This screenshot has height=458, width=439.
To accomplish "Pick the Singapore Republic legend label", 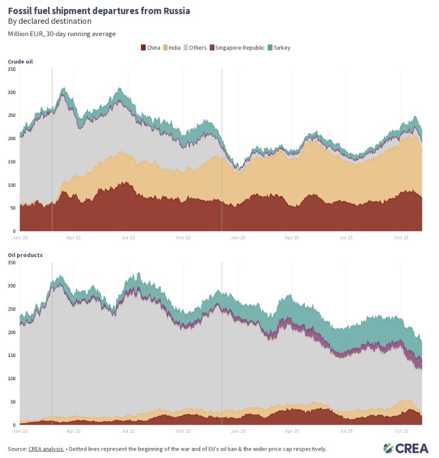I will tap(245, 48).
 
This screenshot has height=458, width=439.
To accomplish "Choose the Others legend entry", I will tap(198, 48).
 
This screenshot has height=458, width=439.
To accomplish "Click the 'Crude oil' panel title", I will tap(20, 62).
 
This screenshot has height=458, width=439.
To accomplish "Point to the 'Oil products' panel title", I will tap(25, 255).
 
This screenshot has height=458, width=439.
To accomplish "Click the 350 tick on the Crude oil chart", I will tap(12, 69).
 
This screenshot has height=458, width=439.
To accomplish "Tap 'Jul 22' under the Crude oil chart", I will tap(128, 238).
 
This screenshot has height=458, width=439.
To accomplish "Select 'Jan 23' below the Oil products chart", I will tap(238, 432).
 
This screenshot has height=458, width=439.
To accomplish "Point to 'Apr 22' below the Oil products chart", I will tap(74, 432).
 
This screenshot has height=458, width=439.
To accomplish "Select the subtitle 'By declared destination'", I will tap(49, 21).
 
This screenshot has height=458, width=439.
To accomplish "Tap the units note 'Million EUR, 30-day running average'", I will tap(61, 34).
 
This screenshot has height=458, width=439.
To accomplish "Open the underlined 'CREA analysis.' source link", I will tap(46, 449).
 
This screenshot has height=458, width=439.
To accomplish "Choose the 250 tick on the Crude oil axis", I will tap(12, 115).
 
